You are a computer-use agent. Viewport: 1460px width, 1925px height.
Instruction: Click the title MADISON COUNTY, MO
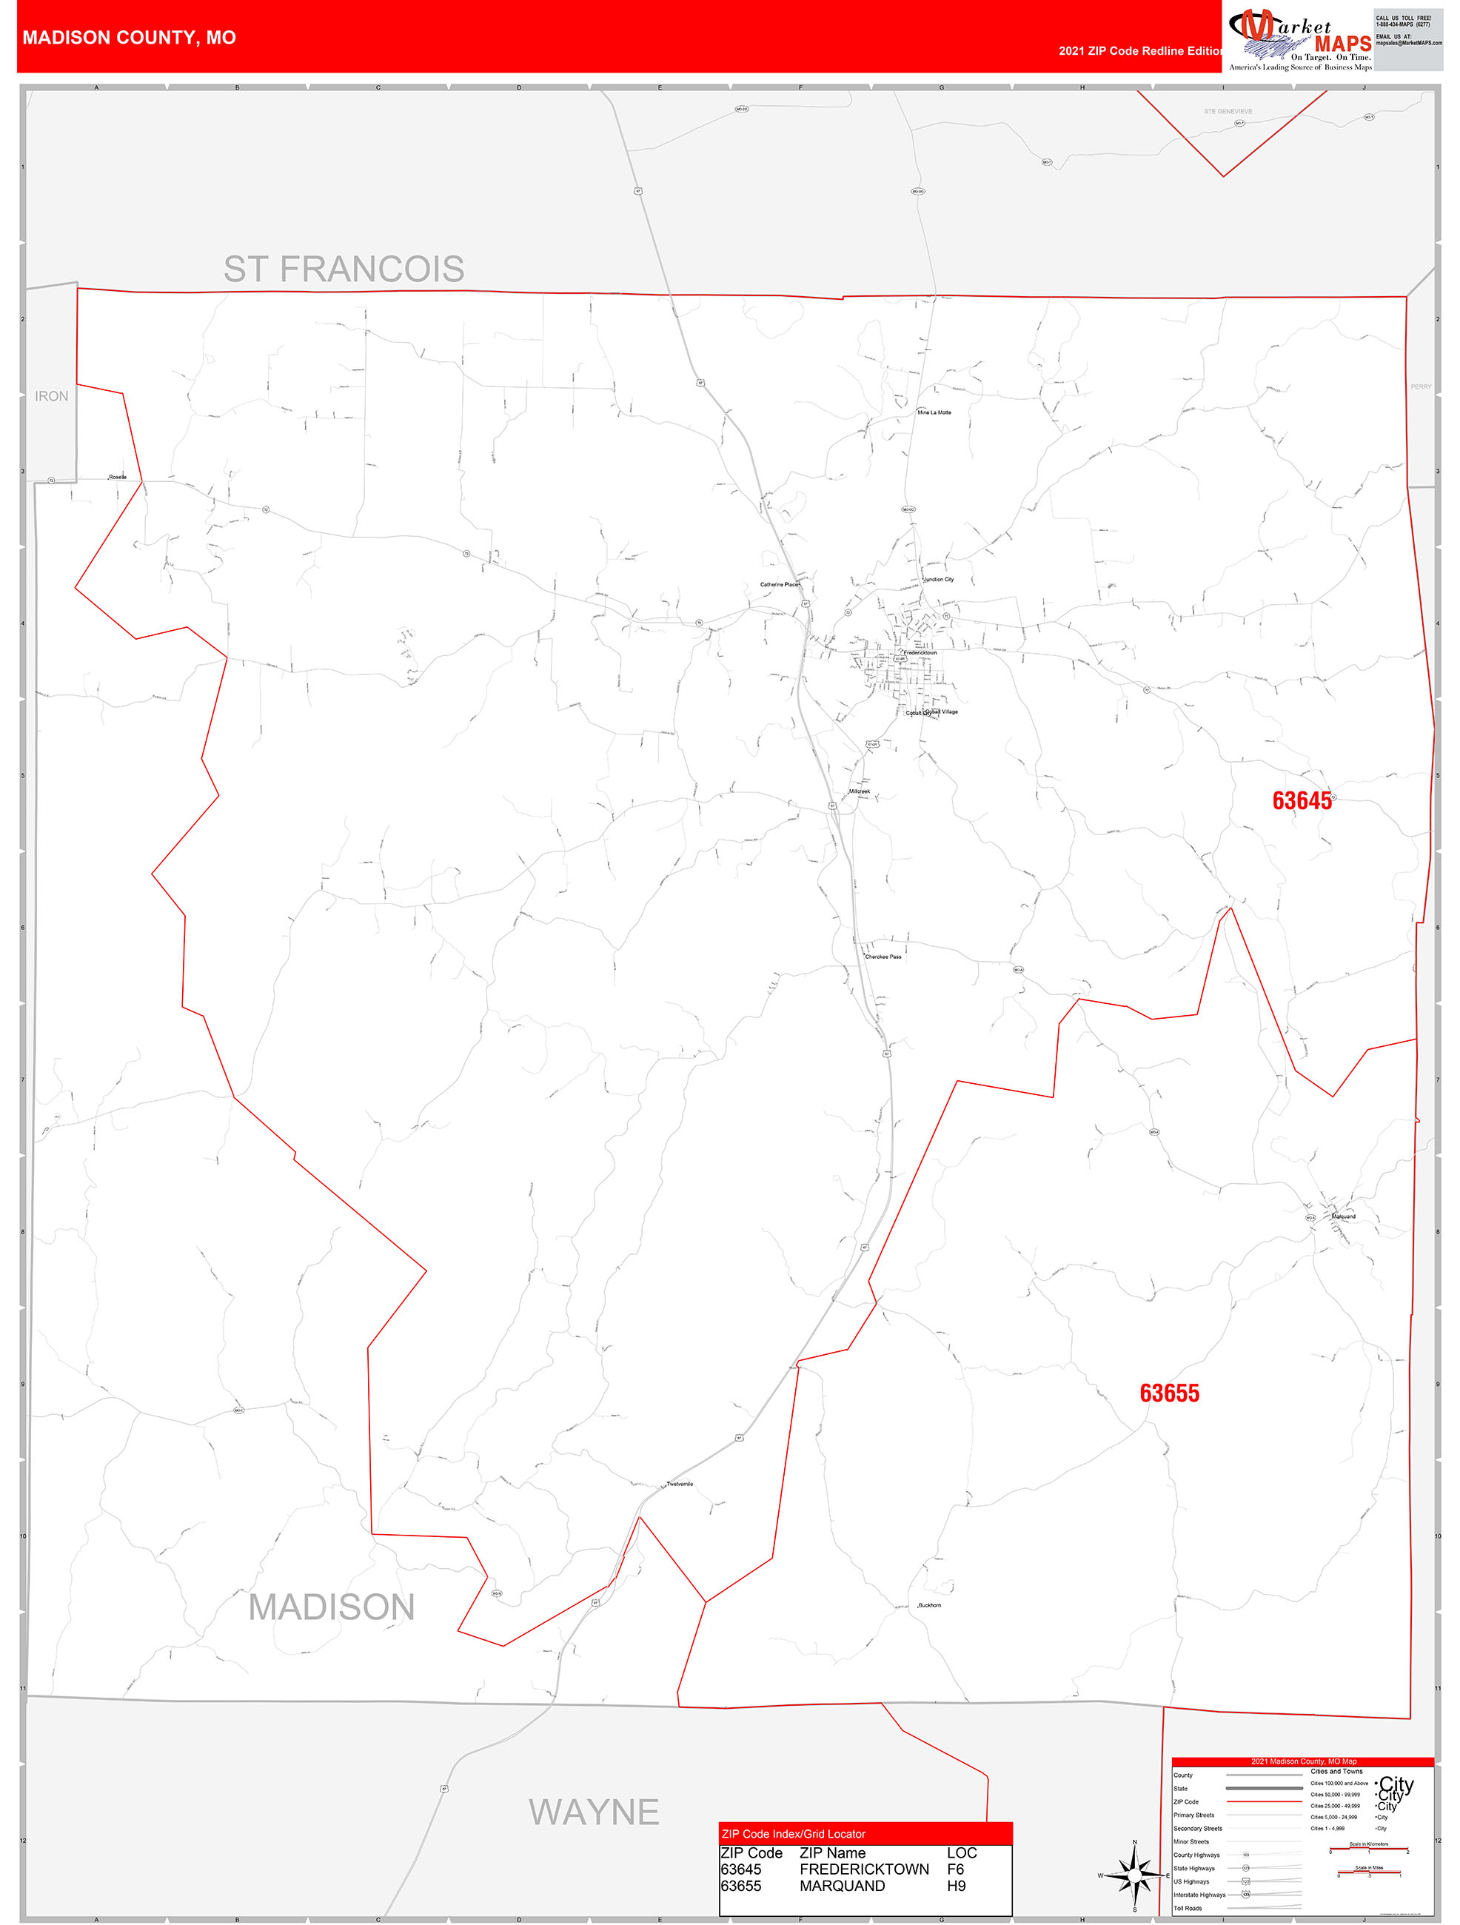pos(129,38)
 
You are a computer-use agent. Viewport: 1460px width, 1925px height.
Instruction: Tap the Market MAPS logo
pos(1300,38)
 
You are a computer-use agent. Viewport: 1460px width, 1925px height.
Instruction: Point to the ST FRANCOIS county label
pos(344,269)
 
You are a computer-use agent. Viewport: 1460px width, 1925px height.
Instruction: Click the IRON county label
pos(51,396)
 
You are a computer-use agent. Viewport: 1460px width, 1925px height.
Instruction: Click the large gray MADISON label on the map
pos(332,1607)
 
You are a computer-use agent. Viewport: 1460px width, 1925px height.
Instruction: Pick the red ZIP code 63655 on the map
pos(1168,1393)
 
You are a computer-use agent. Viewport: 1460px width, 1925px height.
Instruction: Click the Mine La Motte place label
pos(934,412)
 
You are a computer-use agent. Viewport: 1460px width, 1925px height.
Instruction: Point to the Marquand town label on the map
pos(1344,1216)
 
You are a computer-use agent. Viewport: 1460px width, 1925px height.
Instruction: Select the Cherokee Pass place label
pos(883,957)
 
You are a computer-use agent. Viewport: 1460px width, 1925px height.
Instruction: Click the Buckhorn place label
pos(929,1604)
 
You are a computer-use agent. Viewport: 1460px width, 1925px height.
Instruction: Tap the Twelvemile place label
pos(680,1484)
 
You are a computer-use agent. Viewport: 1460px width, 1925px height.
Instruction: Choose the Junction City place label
pos(938,580)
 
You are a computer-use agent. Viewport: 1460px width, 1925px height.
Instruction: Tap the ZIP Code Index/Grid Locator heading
pos(794,1834)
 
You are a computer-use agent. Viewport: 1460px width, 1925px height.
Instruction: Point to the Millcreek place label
pos(859,791)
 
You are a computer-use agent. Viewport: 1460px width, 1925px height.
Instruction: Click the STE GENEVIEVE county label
pos(1228,111)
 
